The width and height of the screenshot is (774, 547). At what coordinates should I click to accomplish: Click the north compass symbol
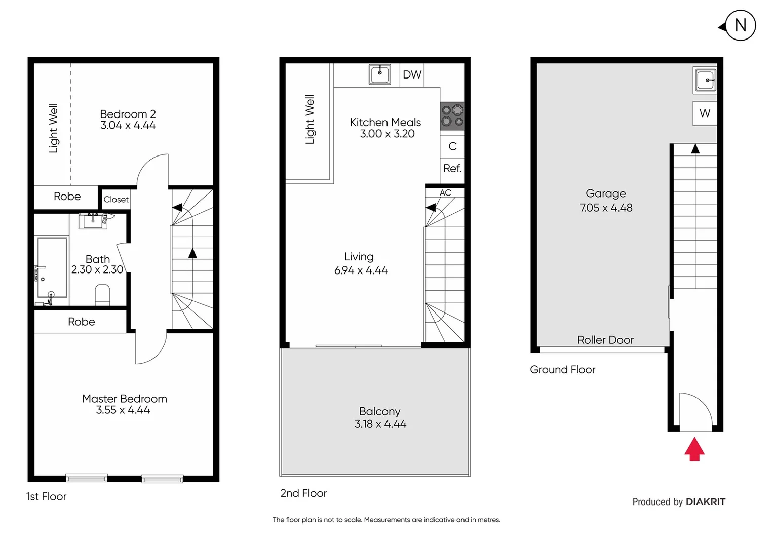click(740, 25)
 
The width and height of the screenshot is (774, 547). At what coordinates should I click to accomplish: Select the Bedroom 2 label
click(128, 114)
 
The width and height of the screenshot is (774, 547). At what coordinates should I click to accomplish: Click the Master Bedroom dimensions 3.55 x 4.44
click(123, 410)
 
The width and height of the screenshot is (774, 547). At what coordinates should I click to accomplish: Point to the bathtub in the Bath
click(52, 267)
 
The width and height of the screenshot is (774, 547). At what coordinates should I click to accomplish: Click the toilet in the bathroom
click(102, 295)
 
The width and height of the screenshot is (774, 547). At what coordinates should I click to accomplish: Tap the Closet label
click(116, 200)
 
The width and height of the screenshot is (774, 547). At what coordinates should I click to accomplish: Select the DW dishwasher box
click(412, 75)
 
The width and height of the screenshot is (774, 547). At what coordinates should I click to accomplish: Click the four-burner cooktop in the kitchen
click(452, 116)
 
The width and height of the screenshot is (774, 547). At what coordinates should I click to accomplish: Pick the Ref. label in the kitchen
click(452, 168)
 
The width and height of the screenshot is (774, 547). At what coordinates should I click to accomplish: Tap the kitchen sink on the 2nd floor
click(379, 74)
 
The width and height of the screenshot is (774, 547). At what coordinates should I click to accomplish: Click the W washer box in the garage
click(705, 113)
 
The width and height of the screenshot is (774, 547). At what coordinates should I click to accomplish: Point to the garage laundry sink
click(705, 80)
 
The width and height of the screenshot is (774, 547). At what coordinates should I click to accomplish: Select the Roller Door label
click(605, 340)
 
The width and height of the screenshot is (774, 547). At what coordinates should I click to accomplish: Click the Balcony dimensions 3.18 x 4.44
click(380, 424)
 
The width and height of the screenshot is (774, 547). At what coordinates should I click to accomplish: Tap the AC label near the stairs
click(445, 193)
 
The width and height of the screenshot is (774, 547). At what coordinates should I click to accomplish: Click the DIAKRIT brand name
click(705, 502)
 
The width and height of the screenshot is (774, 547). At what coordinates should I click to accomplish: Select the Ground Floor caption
click(562, 370)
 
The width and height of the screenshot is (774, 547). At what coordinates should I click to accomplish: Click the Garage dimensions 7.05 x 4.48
click(606, 208)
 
